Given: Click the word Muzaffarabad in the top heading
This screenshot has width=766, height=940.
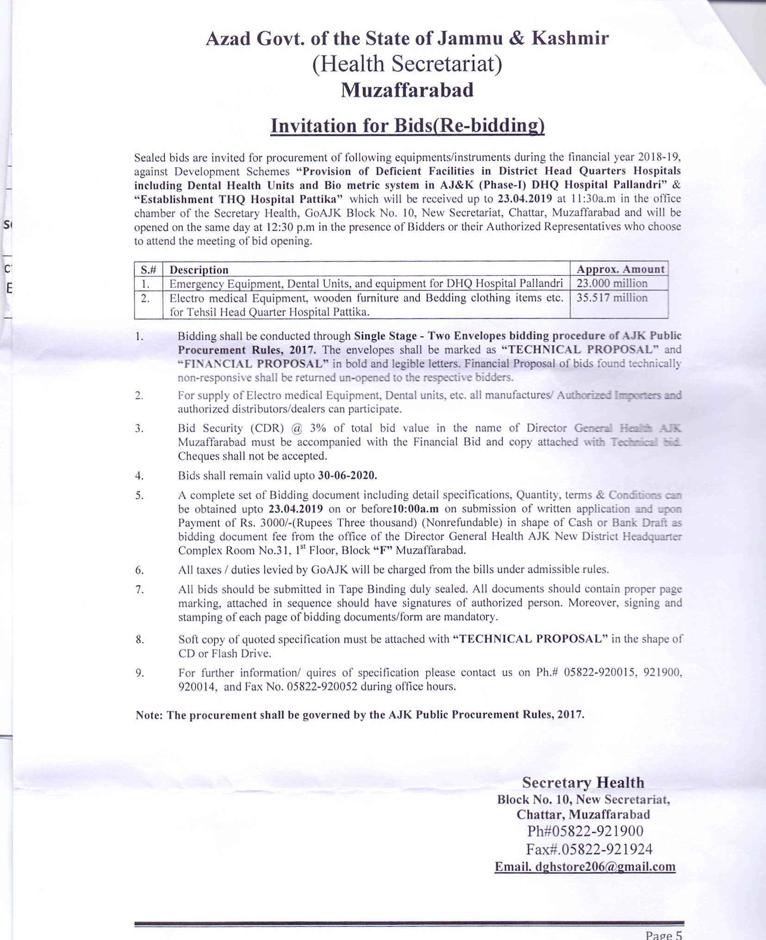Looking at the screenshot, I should [x=407, y=90].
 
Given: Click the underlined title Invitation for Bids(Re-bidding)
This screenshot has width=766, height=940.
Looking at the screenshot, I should [x=407, y=126].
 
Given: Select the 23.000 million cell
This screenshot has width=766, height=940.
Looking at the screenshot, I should [x=612, y=283].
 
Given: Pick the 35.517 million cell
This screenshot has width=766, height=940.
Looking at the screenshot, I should [x=612, y=297].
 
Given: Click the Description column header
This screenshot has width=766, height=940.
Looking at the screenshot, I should [x=199, y=270].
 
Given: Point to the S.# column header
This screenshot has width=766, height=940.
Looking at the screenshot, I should [x=148, y=270].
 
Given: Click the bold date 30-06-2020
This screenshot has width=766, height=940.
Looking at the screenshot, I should [x=347, y=476].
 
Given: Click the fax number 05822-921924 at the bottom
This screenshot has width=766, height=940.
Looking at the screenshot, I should [x=606, y=849].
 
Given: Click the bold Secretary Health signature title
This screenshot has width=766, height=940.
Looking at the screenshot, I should [x=583, y=782].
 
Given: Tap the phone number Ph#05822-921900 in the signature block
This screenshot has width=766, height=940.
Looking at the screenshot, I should [x=585, y=831].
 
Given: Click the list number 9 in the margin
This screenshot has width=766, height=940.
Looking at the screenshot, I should [x=139, y=673].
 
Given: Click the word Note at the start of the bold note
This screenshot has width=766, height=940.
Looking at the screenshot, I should [x=148, y=715].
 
